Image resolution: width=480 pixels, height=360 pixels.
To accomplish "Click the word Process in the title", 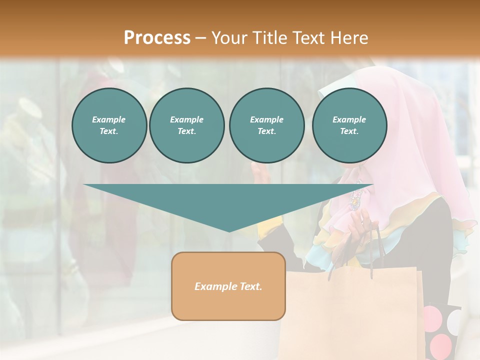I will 157,37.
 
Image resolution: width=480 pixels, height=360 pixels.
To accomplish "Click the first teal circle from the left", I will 109,125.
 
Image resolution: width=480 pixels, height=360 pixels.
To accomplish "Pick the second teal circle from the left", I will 187,125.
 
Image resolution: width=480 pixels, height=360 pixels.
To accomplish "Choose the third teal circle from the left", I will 267,125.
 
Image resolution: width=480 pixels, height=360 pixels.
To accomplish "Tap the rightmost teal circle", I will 349,125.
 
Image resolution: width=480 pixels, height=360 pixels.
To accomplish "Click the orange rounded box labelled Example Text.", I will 228,286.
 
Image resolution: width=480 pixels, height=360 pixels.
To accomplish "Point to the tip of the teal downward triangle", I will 229,230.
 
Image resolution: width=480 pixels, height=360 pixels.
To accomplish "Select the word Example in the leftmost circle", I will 109,119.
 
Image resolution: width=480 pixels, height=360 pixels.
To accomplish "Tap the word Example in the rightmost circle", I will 349,119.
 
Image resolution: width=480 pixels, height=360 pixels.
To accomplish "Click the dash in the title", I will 200,38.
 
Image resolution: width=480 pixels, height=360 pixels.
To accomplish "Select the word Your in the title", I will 227,37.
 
